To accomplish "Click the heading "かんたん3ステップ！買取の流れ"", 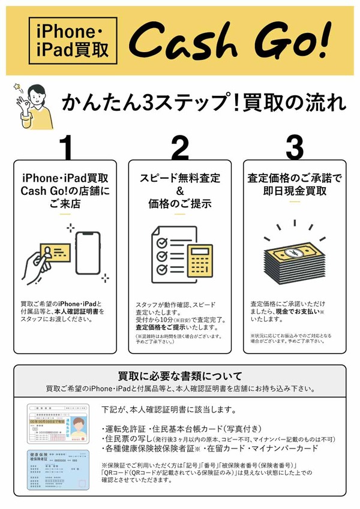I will click(204, 103).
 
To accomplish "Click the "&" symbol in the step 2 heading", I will click(179, 191).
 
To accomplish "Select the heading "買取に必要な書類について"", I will click(180, 377).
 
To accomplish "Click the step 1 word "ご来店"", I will click(67, 204).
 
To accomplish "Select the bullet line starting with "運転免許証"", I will click(170, 429).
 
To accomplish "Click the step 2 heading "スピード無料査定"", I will click(179, 178).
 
